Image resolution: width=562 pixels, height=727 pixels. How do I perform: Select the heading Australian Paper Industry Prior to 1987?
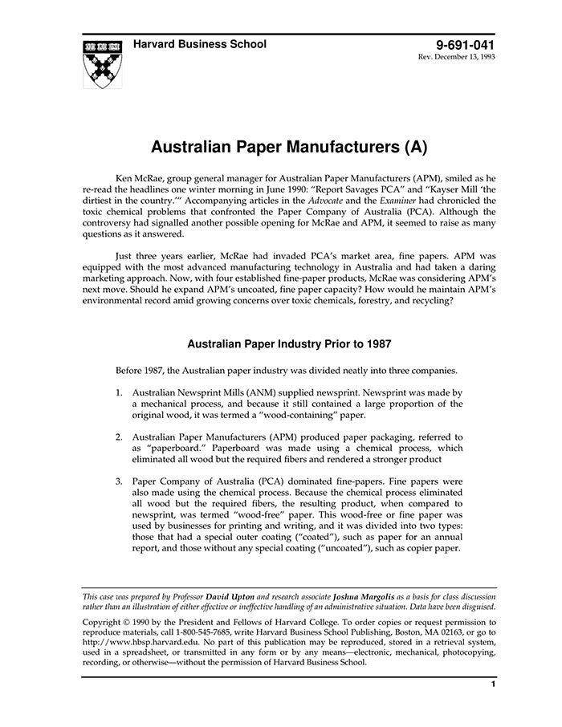(289, 344)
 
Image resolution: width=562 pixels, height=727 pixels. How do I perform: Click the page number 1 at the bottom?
(492, 684)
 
